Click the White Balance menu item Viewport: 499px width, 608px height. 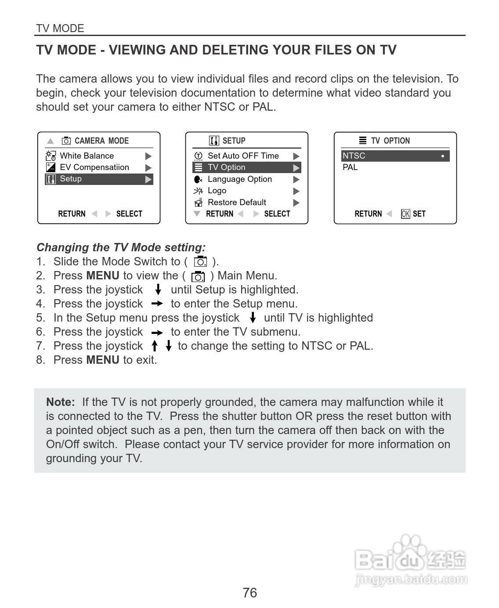87,156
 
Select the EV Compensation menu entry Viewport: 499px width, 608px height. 94,167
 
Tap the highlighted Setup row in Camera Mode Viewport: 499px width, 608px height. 99,179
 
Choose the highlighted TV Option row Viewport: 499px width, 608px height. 246,167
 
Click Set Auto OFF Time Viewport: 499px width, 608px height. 243,156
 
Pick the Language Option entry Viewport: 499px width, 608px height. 239,179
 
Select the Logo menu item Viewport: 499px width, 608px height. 217,191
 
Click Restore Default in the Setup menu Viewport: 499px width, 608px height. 237,203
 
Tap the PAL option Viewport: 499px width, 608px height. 350,167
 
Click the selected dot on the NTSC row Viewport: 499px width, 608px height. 442,156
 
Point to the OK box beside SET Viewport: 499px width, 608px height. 405,214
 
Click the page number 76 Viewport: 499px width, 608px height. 249,593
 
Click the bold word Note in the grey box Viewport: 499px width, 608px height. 60,402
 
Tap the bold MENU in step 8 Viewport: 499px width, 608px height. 103,360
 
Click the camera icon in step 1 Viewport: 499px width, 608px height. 200,261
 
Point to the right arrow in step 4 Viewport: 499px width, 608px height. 157,304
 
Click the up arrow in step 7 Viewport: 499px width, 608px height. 155,346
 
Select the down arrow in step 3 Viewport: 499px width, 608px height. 158,290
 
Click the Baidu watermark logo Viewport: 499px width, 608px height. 410,560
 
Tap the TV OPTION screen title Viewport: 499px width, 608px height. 390,141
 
